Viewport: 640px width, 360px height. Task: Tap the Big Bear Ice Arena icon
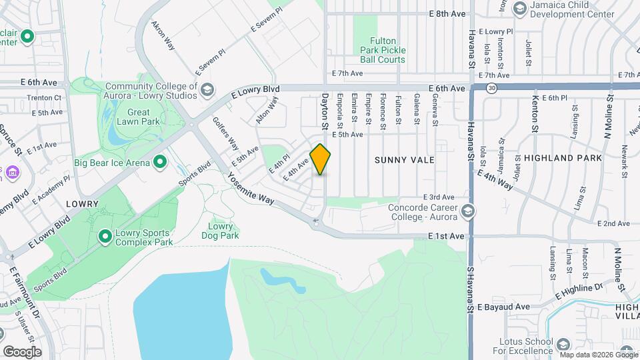click(160, 162)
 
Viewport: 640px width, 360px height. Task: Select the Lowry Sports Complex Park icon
click(105, 237)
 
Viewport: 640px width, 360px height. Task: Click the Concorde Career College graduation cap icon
click(468, 211)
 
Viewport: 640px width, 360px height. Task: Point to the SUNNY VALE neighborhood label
click(404, 160)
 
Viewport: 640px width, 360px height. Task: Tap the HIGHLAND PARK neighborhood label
click(563, 158)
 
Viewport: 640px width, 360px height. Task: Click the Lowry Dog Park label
click(220, 231)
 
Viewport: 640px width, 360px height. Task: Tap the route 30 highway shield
click(491, 89)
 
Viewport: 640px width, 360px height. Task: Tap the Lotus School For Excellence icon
click(563, 345)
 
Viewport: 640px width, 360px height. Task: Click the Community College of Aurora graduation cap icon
click(207, 89)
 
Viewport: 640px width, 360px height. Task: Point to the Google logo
click(22, 351)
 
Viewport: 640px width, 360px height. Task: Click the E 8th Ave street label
click(447, 13)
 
